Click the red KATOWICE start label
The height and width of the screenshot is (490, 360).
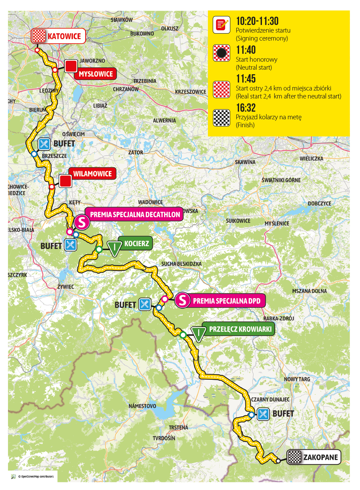pyautogui.click(x=64, y=36)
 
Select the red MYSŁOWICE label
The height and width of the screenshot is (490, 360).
pyautogui.click(x=96, y=74)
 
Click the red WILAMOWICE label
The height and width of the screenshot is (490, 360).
pyautogui.click(x=92, y=174)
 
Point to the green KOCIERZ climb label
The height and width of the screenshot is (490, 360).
pyautogui.click(x=136, y=243)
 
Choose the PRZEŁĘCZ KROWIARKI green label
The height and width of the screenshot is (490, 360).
pyautogui.click(x=240, y=329)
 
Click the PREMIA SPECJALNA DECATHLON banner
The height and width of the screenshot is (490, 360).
pyautogui.click(x=135, y=215)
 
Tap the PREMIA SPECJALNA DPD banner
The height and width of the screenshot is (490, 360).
pyautogui.click(x=226, y=301)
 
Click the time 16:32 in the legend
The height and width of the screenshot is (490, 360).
pyautogui.click(x=246, y=108)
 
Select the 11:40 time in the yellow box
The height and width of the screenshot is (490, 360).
pyautogui.click(x=246, y=50)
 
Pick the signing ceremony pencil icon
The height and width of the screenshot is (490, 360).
pyautogui.click(x=221, y=25)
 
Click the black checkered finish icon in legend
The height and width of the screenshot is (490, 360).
pyautogui.click(x=221, y=118)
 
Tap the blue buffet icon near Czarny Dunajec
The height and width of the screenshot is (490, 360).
pyautogui.click(x=263, y=414)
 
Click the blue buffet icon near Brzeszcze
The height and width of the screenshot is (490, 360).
pyautogui.click(x=44, y=144)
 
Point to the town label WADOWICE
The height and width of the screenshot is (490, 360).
pyautogui.click(x=150, y=202)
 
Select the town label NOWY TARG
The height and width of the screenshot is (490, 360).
pyautogui.click(x=297, y=379)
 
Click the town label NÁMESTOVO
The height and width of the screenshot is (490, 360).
pyautogui.click(x=142, y=406)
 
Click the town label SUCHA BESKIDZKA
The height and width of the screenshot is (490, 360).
pyautogui.click(x=181, y=264)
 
